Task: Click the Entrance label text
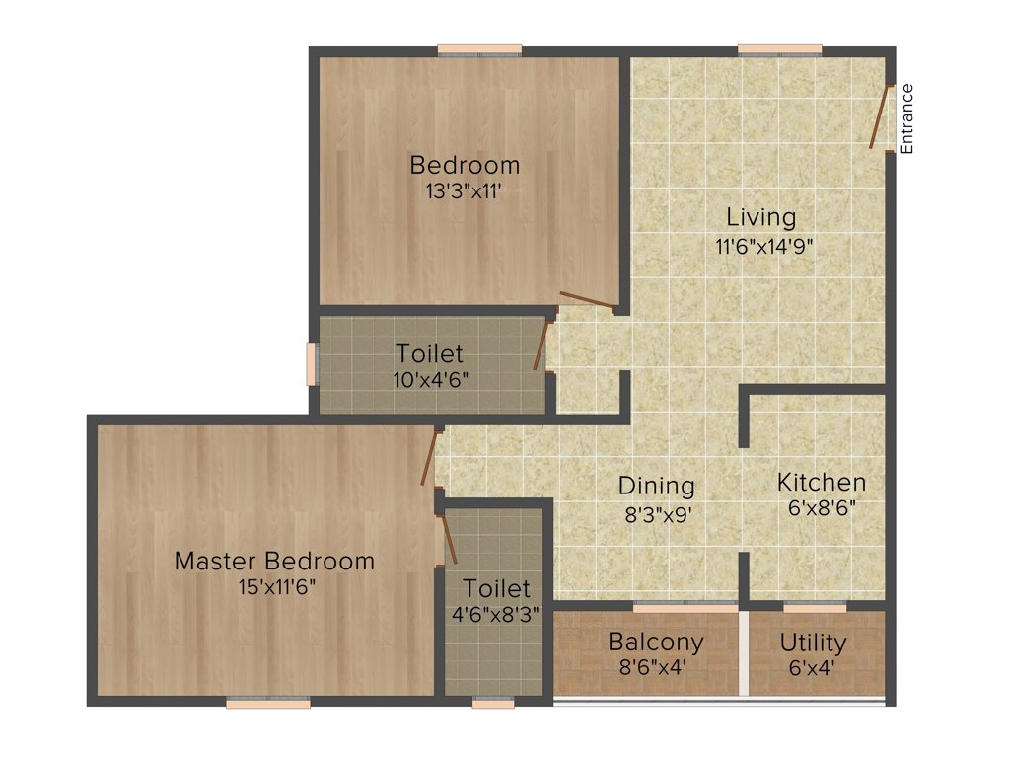907,118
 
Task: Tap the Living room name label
760,217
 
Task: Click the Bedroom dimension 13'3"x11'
465,190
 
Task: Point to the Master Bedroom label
274,562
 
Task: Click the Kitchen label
822,483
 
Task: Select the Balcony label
656,643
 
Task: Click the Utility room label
813,643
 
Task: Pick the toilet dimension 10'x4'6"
429,378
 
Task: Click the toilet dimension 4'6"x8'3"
496,614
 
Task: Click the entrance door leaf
879,117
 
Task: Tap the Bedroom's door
587,300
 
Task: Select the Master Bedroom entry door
428,457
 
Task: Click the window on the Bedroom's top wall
479,49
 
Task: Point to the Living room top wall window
779,49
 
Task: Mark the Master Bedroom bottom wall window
267,703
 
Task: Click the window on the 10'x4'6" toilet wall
312,364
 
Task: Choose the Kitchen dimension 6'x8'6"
822,508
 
